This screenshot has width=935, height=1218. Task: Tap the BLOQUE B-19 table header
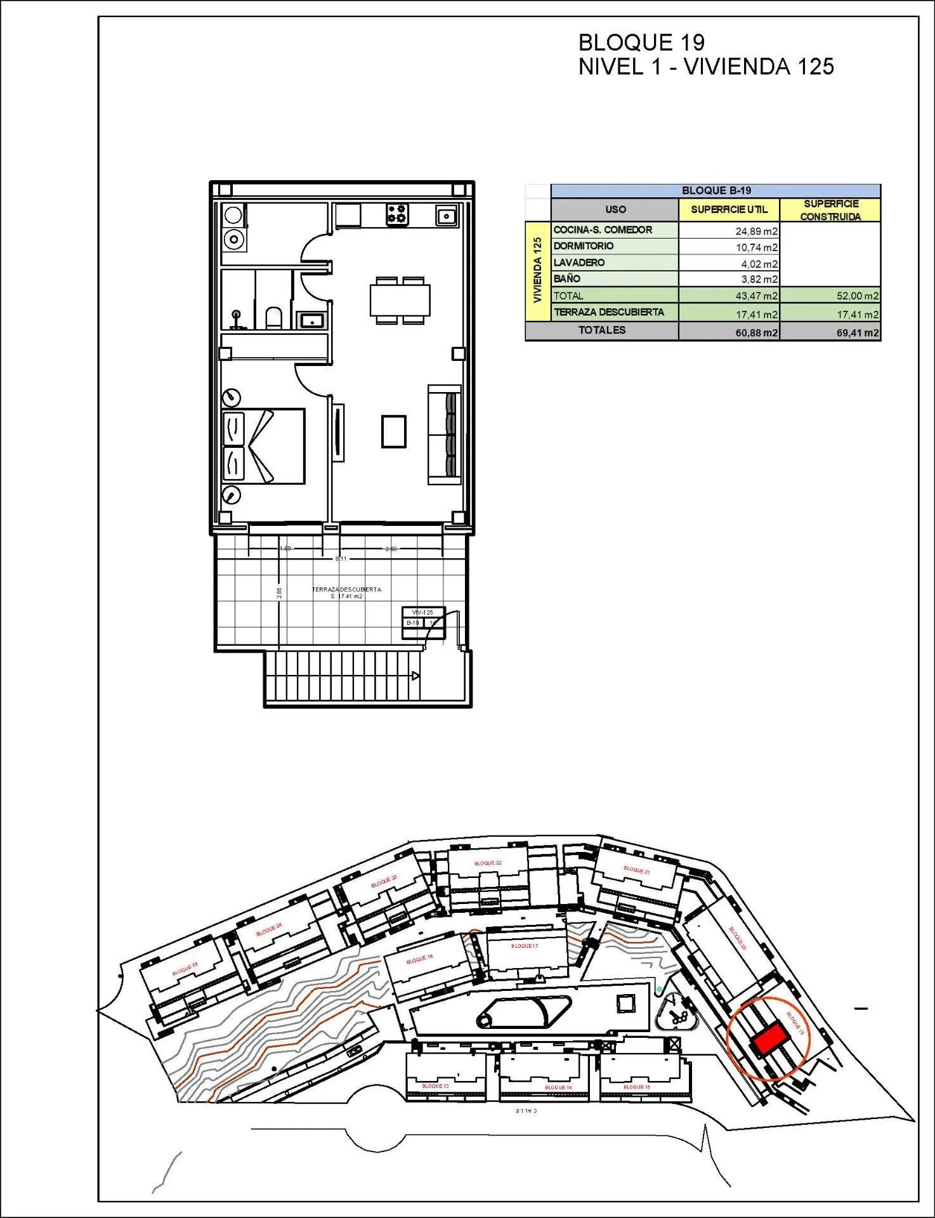pos(716,191)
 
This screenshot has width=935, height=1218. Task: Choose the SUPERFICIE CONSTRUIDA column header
pos(830,210)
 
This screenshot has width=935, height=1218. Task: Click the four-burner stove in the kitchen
pos(398,214)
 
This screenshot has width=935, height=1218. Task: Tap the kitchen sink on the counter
pos(446,216)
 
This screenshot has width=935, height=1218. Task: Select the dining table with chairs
pos(400,299)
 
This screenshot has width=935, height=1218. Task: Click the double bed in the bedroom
pos(263,447)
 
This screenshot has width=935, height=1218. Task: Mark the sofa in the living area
pos(443,435)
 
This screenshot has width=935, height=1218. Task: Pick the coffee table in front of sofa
pos(393,431)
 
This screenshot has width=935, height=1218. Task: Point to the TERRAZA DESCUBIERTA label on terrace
pos(346,589)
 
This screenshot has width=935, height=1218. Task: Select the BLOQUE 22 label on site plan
pos(488,863)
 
